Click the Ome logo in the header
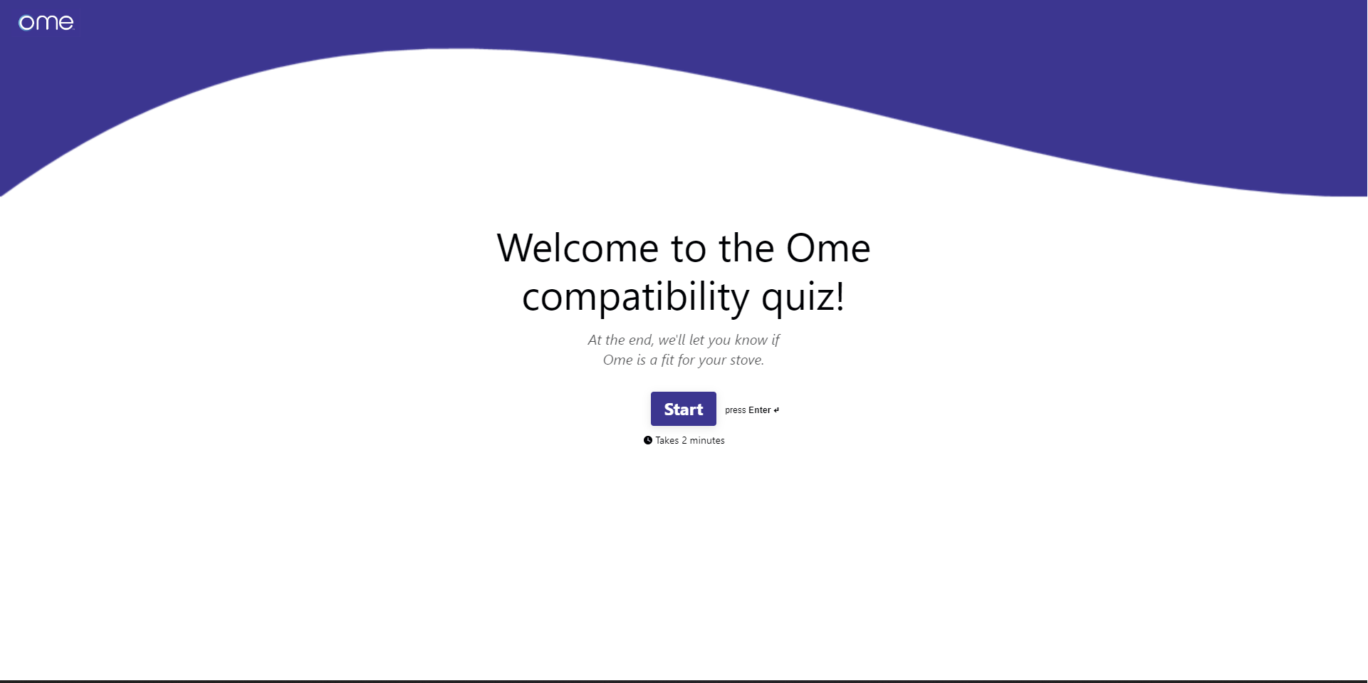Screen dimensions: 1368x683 [46, 23]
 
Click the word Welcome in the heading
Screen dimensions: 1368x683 [578, 248]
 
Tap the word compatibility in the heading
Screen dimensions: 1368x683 [635, 297]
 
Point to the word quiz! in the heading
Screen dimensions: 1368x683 [803, 297]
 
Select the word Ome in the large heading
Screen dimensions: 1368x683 [828, 248]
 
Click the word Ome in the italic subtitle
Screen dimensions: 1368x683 [617, 360]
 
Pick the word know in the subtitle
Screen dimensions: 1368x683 [751, 340]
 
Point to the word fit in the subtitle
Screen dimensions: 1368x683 [667, 360]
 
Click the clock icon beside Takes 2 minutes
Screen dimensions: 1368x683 [648, 440]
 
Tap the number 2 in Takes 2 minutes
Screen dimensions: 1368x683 [684, 441]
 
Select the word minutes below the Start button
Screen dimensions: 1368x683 [707, 441]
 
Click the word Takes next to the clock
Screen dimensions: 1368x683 [667, 441]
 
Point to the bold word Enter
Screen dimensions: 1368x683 [760, 410]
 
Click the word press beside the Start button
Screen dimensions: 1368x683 [736, 411]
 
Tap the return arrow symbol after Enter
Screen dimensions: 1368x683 [776, 410]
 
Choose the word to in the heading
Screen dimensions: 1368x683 [689, 248]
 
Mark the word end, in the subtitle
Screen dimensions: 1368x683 [641, 340]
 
